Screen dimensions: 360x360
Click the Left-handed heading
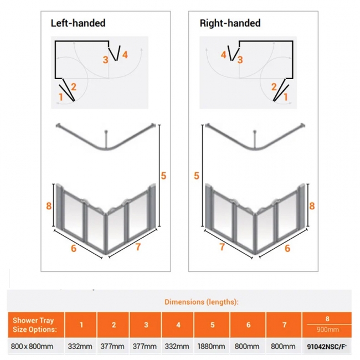coord(78,23)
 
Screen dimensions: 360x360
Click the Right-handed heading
coord(230,23)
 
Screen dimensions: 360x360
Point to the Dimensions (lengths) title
coord(202,302)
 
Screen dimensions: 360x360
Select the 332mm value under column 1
coord(80,346)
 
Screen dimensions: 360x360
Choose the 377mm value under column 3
coord(146,346)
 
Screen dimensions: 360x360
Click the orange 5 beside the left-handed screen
coord(163,176)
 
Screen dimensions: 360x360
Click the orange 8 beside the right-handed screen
coord(312,205)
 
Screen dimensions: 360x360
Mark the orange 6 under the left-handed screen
coord(73,248)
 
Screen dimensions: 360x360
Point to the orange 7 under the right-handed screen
coord(222,247)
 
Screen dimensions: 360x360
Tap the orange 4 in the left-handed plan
coord(125,54)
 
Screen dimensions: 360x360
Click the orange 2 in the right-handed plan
coord(274,86)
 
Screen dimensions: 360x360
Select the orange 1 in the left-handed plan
coord(61,97)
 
